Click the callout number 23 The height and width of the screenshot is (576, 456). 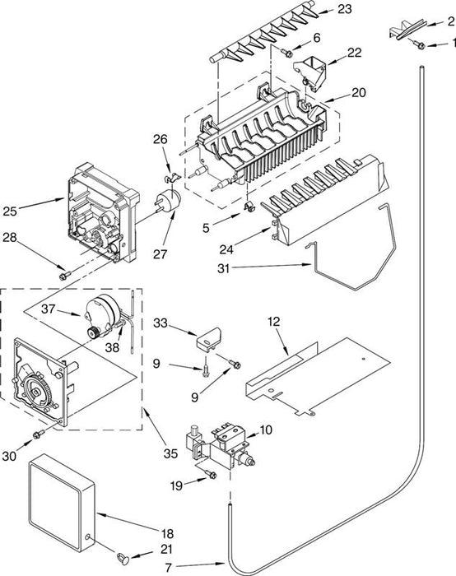pyautogui.click(x=344, y=9)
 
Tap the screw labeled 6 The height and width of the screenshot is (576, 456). pyautogui.click(x=288, y=53)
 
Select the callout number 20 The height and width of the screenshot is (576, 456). pyautogui.click(x=358, y=92)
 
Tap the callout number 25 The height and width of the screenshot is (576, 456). pyautogui.click(x=10, y=211)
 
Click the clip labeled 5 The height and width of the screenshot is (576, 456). pyautogui.click(x=249, y=207)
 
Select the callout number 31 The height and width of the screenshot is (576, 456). pyautogui.click(x=223, y=268)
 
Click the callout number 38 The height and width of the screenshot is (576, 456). pyautogui.click(x=112, y=347)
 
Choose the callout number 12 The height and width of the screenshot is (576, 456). pyautogui.click(x=273, y=322)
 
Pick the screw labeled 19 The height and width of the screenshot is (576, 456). pyautogui.click(x=211, y=474)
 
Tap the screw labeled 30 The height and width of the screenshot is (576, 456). pyautogui.click(x=39, y=434)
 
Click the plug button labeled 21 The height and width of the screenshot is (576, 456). pyautogui.click(x=123, y=559)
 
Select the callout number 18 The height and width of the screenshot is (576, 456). pyautogui.click(x=167, y=534)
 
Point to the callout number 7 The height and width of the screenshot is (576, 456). pyautogui.click(x=168, y=568)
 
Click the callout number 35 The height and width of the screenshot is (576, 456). pyautogui.click(x=170, y=453)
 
